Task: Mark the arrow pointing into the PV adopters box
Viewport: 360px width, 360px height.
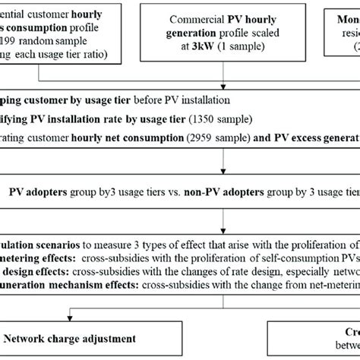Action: [x=223, y=171]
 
